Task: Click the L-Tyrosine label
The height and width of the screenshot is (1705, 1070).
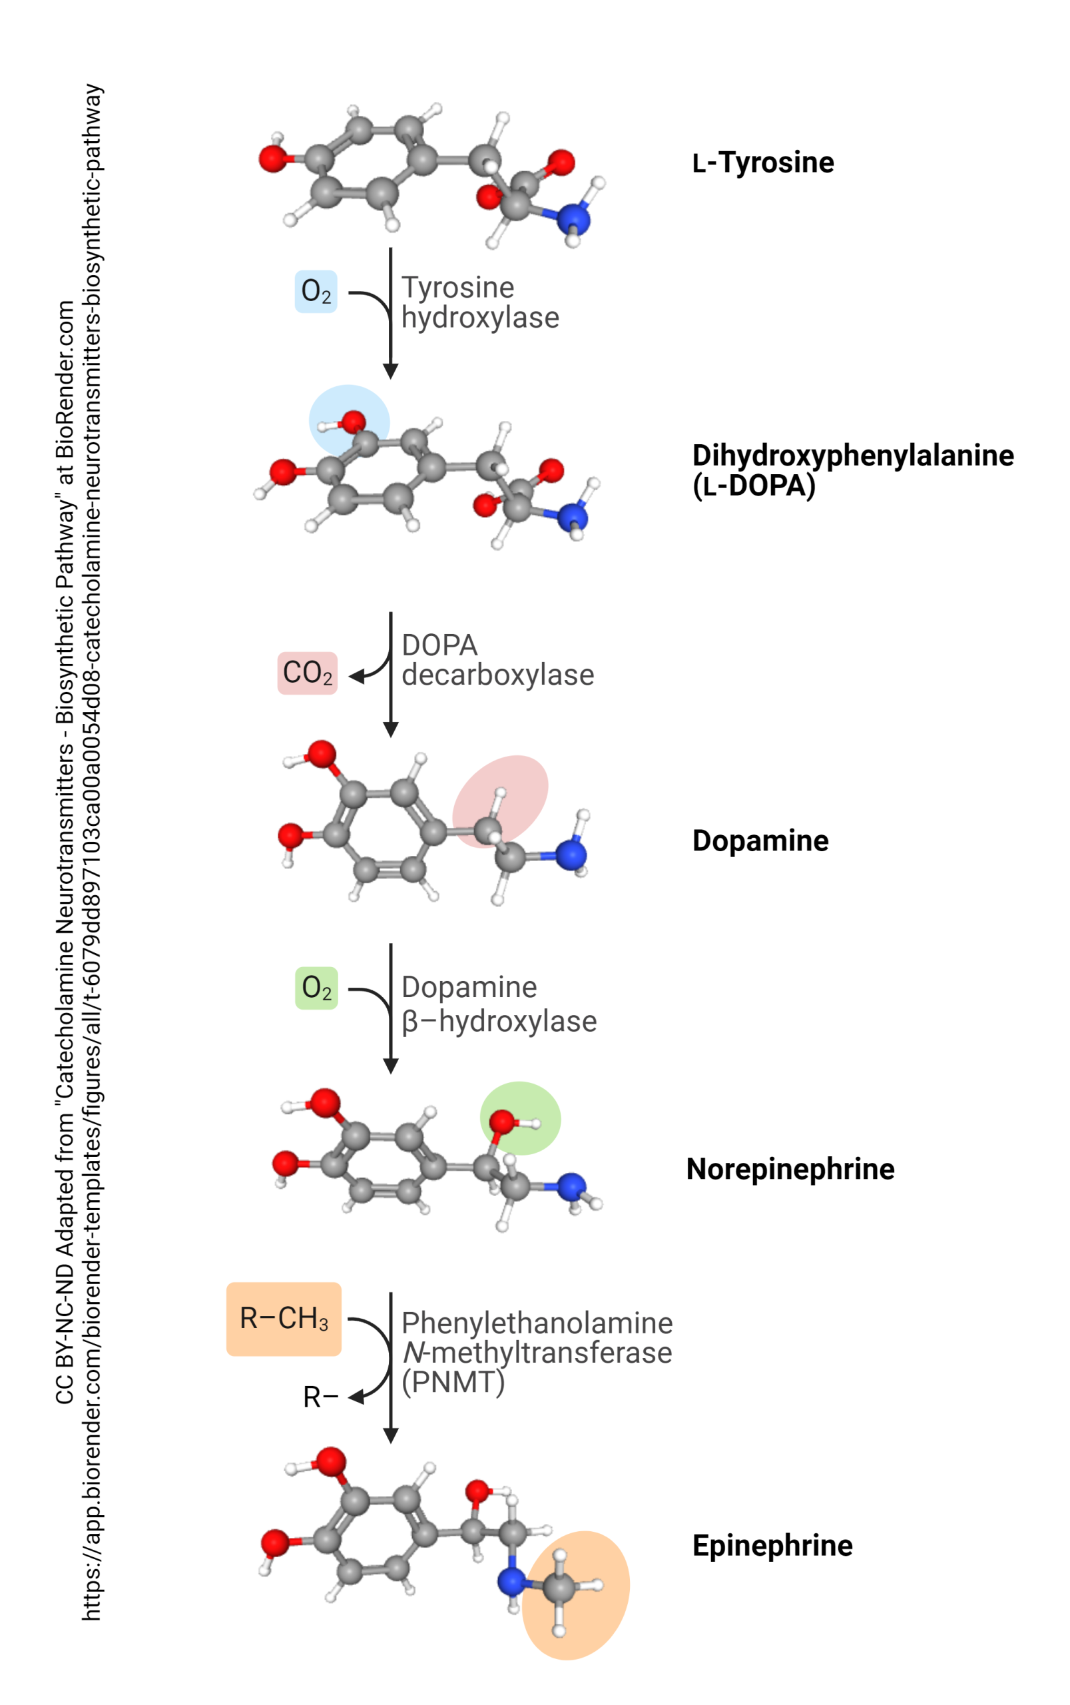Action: pos(763,163)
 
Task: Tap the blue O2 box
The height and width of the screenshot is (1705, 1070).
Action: pos(316,291)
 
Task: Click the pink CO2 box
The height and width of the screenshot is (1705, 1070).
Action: pos(307,673)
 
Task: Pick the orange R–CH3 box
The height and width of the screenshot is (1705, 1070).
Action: pos(284,1318)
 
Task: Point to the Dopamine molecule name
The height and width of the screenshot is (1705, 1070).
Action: pos(760,841)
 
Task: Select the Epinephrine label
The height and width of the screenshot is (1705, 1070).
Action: pos(772,1546)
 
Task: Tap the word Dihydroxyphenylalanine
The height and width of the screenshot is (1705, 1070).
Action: pos(853,455)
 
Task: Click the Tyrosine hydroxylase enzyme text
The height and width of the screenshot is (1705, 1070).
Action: pos(480,302)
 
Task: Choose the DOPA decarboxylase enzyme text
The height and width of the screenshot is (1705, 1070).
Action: pos(497,659)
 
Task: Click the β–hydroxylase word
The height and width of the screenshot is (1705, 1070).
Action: pos(499,1021)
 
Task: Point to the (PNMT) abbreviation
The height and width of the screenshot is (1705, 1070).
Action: pos(453,1381)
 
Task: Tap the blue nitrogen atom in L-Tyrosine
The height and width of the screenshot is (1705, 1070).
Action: pos(573,218)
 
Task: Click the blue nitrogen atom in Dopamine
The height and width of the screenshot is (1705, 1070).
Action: pos(571,855)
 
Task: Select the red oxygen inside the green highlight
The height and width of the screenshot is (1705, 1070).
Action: pos(502,1121)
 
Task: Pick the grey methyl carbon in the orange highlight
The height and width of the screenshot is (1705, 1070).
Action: pos(559,1588)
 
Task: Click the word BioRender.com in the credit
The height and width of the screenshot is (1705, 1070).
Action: pos(65,380)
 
